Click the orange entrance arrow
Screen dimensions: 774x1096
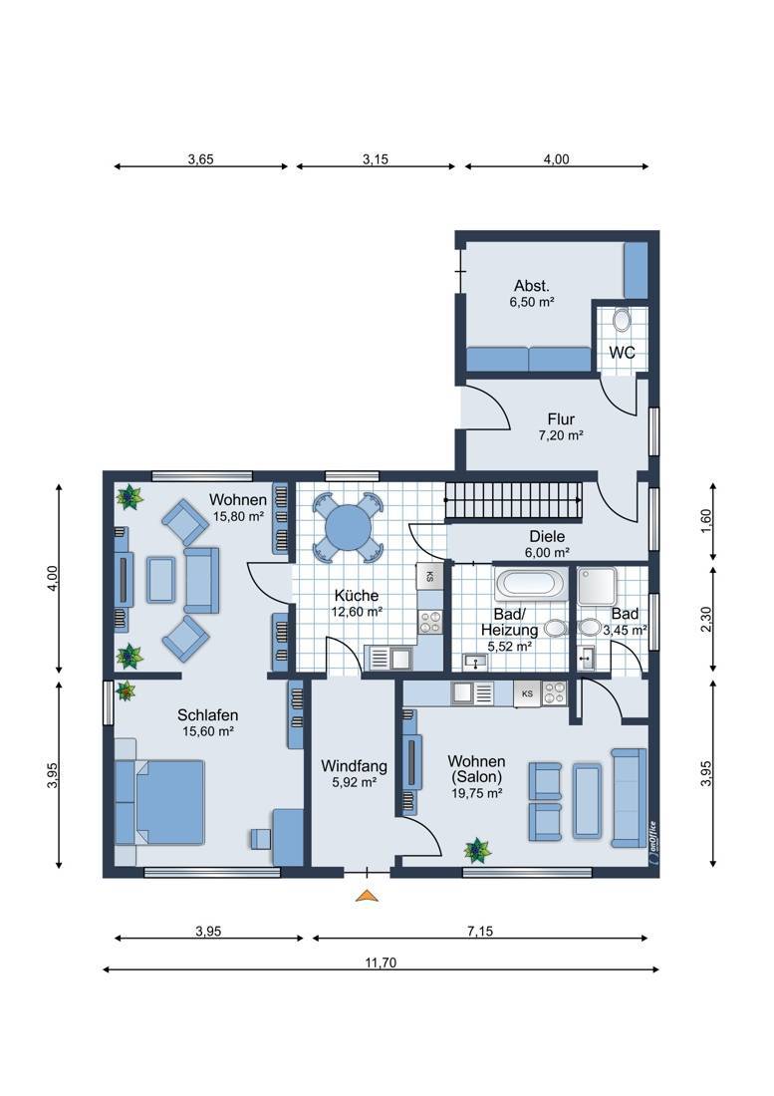(366, 896)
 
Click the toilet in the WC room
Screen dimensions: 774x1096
(621, 321)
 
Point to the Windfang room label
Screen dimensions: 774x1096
(354, 766)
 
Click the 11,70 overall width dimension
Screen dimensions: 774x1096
(381, 962)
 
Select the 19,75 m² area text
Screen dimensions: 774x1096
(477, 793)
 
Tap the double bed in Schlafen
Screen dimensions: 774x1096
(169, 802)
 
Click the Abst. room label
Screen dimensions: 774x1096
(532, 285)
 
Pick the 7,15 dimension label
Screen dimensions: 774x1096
(480, 931)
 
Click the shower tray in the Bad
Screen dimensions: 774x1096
(597, 586)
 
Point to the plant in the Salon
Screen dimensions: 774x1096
(478, 849)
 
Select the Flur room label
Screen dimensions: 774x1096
(561, 419)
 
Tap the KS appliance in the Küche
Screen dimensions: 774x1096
(429, 577)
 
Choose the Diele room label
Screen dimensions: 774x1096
(547, 537)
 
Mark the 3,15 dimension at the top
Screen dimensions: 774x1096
(376, 159)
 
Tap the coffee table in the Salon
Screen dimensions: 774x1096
(586, 801)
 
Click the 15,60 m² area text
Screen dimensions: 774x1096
(207, 732)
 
